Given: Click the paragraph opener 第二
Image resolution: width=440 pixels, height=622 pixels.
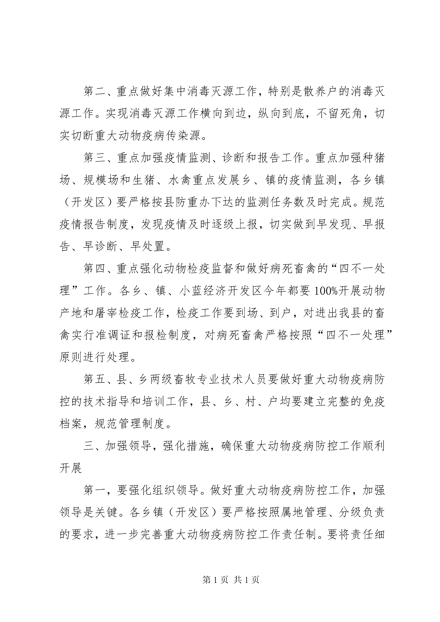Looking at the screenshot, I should pyautogui.click(x=95, y=92).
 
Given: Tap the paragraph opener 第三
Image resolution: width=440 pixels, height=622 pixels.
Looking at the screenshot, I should pyautogui.click(x=95, y=158).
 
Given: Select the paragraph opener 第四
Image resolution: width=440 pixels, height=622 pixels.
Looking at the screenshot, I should pyautogui.click(x=95, y=269).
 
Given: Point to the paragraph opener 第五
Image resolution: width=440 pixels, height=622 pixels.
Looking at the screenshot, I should pyautogui.click(x=95, y=379).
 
